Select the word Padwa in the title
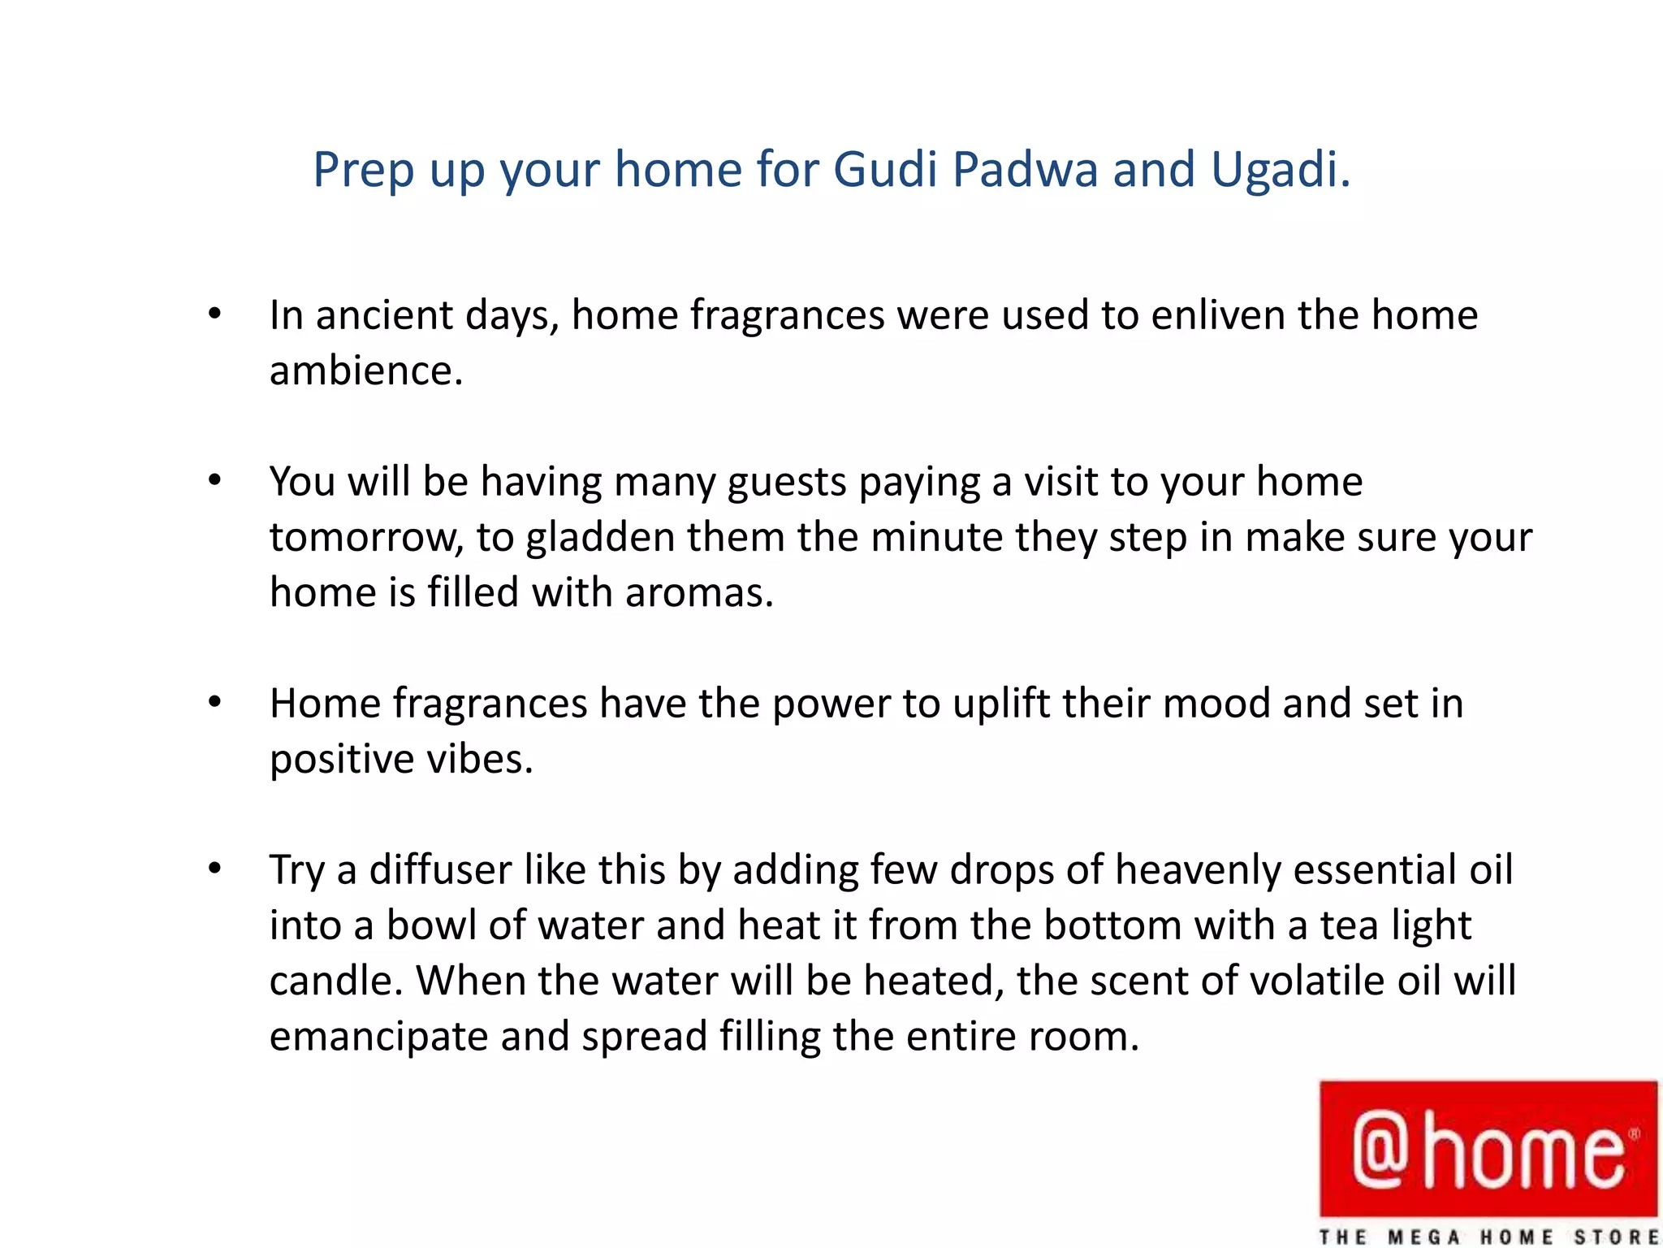[x=1025, y=170]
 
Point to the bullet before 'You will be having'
[x=214, y=480]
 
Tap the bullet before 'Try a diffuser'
[x=214, y=869]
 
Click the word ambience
[x=365, y=370]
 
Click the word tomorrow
[x=365, y=538]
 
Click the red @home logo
[x=1488, y=1148]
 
